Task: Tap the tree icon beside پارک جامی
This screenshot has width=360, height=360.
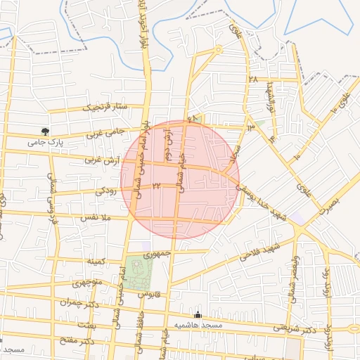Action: click(46, 131)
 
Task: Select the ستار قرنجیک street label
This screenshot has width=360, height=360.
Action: click(105, 108)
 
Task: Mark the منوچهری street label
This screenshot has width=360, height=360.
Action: click(87, 285)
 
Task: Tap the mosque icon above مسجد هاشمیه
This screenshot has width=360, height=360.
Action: click(198, 314)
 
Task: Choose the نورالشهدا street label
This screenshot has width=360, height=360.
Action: click(268, 98)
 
